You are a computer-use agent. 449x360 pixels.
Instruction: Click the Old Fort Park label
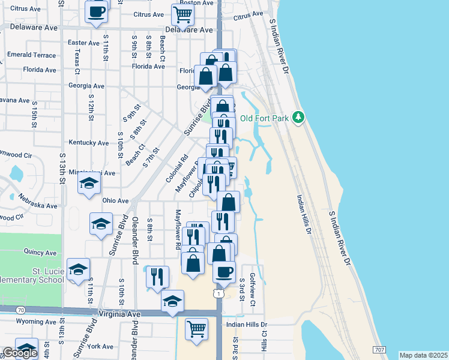click(265, 118)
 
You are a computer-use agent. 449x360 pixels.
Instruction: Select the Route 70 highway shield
click(21, 310)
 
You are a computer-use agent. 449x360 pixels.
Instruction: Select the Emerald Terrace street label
click(31, 55)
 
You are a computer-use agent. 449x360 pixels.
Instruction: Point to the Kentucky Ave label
click(89, 143)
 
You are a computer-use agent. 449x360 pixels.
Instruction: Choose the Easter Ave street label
click(83, 43)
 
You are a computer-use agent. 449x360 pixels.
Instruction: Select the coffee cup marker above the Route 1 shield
click(224, 271)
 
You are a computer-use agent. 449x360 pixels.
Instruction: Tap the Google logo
click(19, 353)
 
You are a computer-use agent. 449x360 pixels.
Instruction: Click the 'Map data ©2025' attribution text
click(423, 355)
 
